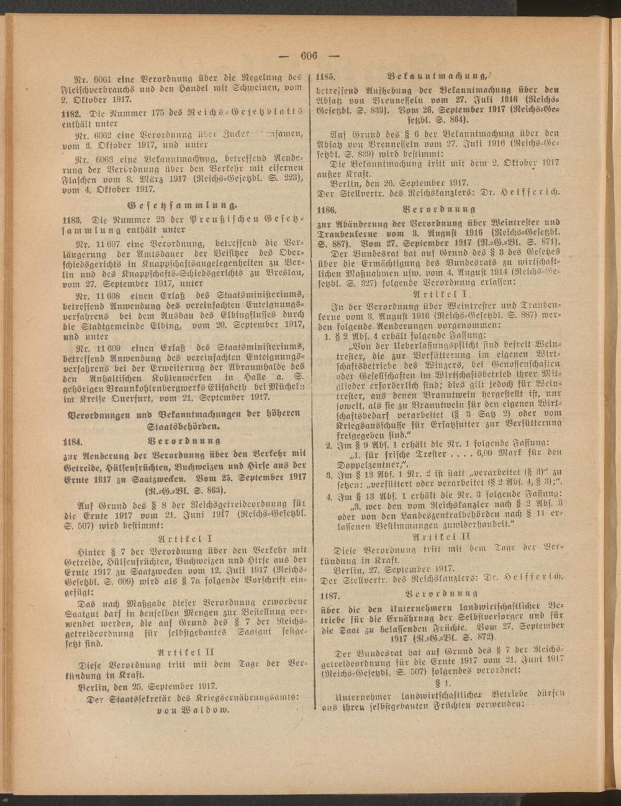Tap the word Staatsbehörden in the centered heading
[x=184, y=427]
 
